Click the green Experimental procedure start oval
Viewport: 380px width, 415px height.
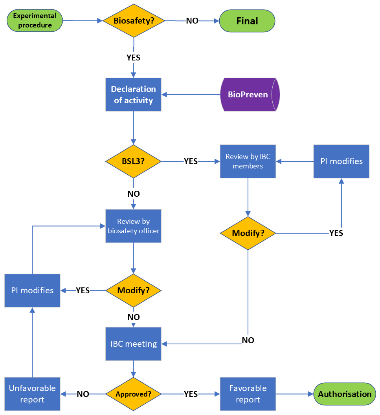pos(35,21)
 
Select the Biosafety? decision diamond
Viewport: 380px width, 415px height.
pos(134,21)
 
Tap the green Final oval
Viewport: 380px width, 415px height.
pos(247,21)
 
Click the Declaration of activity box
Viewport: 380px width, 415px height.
pos(133,95)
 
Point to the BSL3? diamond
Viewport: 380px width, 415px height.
pos(133,161)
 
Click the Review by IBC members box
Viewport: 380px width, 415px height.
pos(248,161)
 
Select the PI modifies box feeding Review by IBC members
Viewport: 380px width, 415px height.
pos(341,161)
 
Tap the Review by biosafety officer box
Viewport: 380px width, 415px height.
pos(133,226)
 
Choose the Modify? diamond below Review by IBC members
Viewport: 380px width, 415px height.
pos(248,233)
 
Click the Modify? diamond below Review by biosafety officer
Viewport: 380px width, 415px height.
pos(133,291)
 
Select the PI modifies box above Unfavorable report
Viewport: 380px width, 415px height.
pos(32,291)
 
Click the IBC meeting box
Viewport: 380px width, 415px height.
pos(133,344)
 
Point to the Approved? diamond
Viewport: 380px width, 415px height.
pos(133,394)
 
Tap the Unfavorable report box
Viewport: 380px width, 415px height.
pos(32,394)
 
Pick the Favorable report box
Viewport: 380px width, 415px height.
pos(248,394)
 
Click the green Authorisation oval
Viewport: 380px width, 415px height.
pos(344,394)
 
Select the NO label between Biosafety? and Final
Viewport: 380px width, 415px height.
pos(192,21)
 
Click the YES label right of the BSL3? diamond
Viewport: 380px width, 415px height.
pos(191,161)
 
